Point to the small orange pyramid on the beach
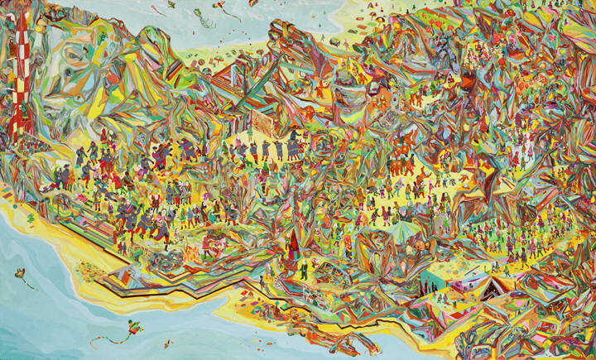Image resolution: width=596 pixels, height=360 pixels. point(115,273)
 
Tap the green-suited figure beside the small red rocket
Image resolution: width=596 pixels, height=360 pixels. point(303,270)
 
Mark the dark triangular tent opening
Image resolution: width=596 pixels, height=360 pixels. point(497,289)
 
